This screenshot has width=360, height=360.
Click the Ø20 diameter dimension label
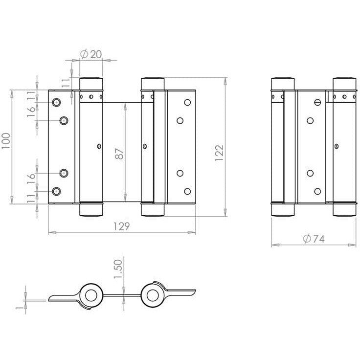tap(89, 55)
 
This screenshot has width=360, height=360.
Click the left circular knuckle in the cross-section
tap(90, 295)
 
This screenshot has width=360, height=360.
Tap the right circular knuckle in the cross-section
tap(152, 295)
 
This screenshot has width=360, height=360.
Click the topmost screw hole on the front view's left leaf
tap(57, 102)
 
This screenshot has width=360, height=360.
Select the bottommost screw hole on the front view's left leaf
tap(57, 191)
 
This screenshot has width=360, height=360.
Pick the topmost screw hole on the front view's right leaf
tap(186, 103)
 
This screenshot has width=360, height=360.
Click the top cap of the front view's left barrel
tap(91, 83)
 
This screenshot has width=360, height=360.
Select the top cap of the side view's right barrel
tap(345, 83)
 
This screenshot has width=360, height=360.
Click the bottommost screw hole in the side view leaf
tap(317, 191)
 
